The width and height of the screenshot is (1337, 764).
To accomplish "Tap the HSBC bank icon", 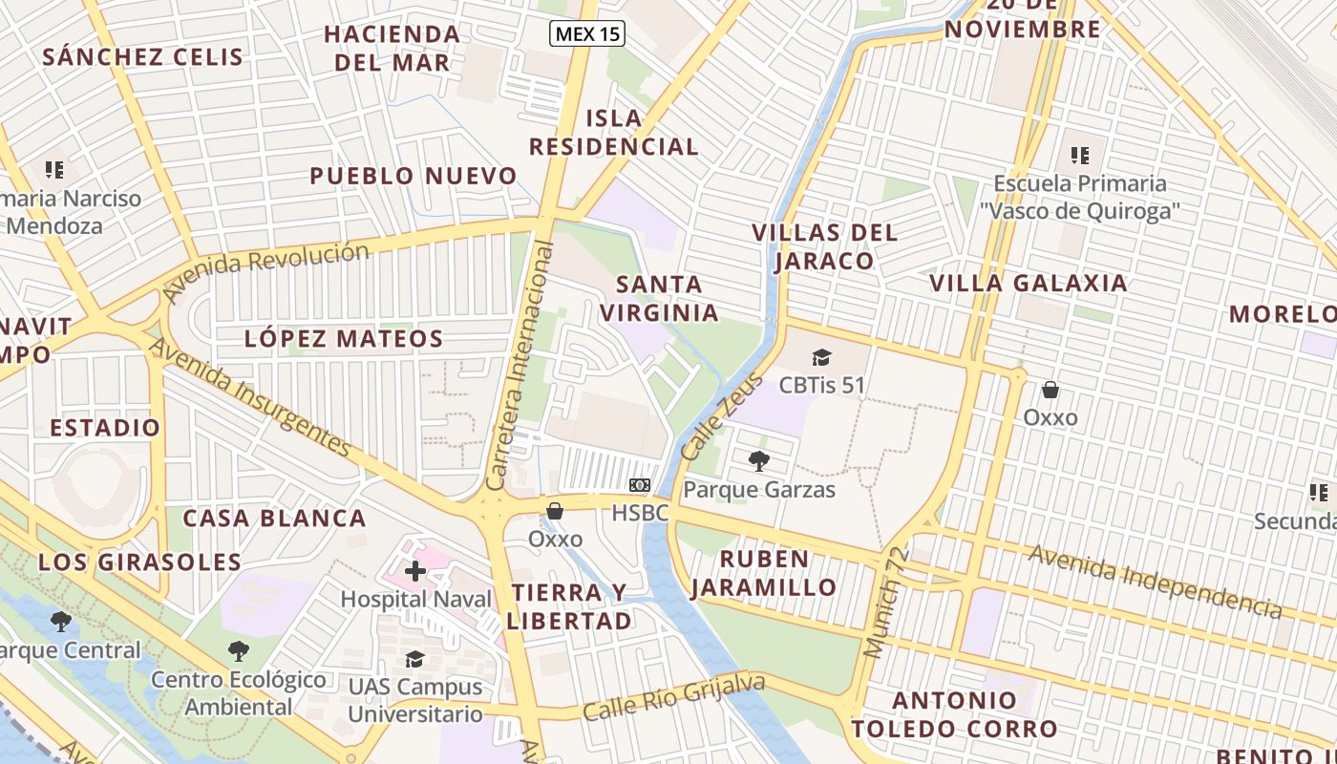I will [641, 486].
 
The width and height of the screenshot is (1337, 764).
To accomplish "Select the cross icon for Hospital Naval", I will [415, 572].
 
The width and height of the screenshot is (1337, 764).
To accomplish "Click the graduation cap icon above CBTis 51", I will [821, 358].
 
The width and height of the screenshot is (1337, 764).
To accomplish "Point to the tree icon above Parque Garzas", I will [759, 462].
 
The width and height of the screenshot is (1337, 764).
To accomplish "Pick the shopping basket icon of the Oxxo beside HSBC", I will [555, 512].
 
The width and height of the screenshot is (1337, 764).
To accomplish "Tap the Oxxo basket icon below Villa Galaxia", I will [1050, 390].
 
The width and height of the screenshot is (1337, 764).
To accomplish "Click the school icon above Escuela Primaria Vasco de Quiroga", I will [1080, 155].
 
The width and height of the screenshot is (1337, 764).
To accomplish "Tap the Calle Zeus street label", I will [723, 415].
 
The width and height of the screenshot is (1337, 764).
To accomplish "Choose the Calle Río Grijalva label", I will [674, 698].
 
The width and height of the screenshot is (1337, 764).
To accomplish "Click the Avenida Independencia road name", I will [1155, 580].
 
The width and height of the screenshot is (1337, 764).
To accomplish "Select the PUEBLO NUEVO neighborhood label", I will [414, 176].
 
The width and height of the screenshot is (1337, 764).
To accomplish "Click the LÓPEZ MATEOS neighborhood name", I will [344, 338].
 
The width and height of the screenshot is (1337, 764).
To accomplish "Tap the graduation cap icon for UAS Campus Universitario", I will [414, 660].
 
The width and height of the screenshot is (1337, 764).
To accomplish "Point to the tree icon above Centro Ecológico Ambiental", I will [239, 651].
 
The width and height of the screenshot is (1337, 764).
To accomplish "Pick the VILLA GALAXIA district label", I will [1029, 283].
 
